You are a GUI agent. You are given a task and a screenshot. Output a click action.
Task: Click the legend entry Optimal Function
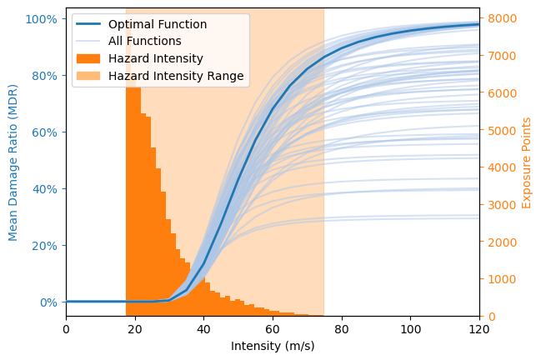(158, 24)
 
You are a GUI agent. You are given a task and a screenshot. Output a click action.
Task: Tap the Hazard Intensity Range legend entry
(176, 76)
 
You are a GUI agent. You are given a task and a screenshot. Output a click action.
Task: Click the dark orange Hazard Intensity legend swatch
(91, 58)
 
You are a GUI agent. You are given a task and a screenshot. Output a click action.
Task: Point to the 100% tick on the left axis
(44, 18)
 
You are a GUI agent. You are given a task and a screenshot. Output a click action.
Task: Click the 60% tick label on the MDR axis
(47, 132)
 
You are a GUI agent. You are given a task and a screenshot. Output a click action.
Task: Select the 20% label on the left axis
(47, 245)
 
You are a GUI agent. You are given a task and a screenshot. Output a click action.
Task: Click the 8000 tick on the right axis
(501, 18)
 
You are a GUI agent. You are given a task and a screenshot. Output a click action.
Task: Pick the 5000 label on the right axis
(501, 130)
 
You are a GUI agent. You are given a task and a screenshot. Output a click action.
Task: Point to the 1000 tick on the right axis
(501, 279)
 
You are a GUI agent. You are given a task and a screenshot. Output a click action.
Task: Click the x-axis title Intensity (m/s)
(273, 346)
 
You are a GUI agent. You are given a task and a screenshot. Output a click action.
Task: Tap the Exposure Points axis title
(527, 162)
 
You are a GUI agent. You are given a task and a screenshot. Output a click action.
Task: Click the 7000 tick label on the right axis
(501, 56)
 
